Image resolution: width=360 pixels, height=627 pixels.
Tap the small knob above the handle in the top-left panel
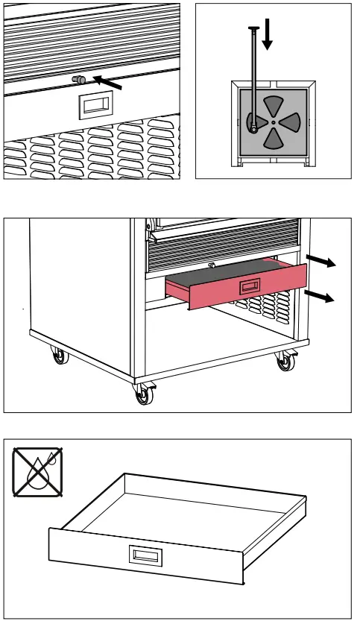click(x=77, y=79)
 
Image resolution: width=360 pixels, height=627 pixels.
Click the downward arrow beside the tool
click(x=267, y=37)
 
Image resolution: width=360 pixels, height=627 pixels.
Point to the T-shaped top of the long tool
click(x=253, y=30)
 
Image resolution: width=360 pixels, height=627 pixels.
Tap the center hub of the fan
click(x=274, y=122)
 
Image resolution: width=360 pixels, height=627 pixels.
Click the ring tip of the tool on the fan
click(x=253, y=127)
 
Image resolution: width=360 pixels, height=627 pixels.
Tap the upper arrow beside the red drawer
click(x=323, y=262)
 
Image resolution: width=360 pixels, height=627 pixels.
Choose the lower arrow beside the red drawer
click(x=322, y=297)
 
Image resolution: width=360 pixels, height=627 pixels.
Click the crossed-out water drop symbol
click(x=37, y=471)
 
